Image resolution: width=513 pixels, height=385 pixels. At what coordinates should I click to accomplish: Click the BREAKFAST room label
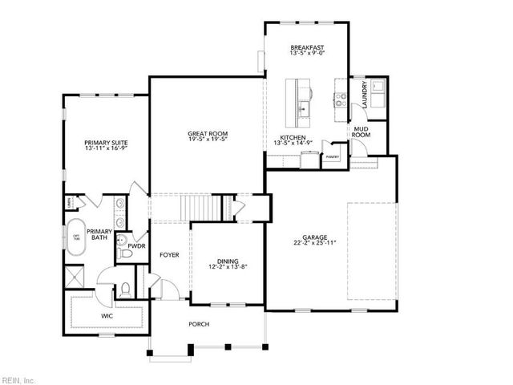tap(307, 49)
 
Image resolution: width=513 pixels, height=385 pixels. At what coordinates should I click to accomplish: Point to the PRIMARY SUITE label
tap(107, 143)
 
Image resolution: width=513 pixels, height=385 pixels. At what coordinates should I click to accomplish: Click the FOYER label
tap(168, 255)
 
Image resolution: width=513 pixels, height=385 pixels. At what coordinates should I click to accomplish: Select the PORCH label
tap(199, 324)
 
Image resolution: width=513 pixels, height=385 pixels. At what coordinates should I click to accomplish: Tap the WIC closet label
tap(107, 317)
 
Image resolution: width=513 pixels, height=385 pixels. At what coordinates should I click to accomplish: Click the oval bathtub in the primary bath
tap(77, 237)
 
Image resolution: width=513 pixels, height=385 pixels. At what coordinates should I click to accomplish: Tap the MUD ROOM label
tap(362, 132)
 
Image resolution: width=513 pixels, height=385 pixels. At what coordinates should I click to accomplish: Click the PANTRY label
tap(333, 157)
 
